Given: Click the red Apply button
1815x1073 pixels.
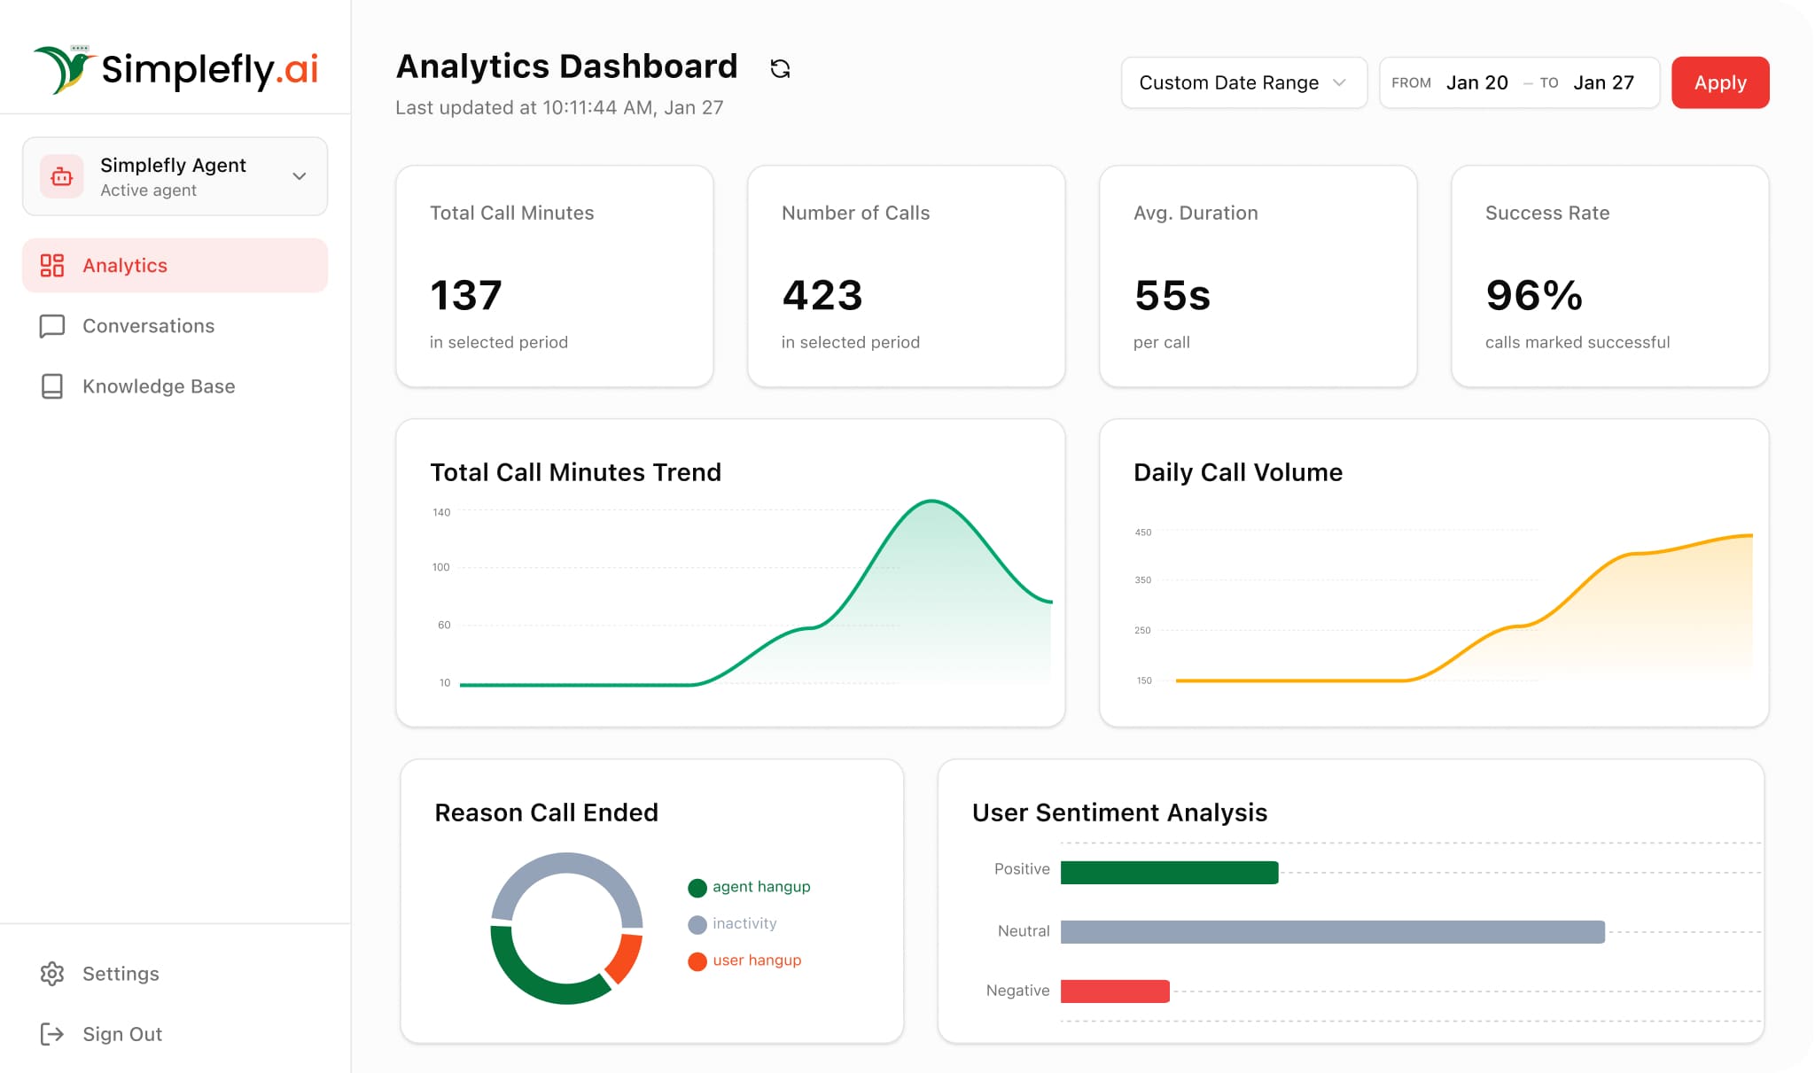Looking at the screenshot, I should click(x=1719, y=82).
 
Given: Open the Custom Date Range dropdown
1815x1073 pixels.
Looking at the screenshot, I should click(x=1242, y=82).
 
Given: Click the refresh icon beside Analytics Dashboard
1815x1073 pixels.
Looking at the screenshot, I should click(x=780, y=68).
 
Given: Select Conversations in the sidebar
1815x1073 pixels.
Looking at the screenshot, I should click(x=148, y=326).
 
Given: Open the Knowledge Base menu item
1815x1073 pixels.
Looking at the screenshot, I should click(x=158, y=386).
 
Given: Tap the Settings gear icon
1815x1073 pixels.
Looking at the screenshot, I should click(x=52, y=974).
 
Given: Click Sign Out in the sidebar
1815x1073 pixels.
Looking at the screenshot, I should click(x=121, y=1034).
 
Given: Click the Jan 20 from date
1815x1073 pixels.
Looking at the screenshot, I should click(x=1476, y=82).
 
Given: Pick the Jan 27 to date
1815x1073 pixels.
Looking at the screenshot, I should click(x=1603, y=82).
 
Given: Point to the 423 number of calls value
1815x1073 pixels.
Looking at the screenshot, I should click(x=822, y=295).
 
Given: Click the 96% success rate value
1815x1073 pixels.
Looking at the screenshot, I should click(x=1533, y=295).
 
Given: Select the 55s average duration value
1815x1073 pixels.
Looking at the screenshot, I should click(x=1172, y=295).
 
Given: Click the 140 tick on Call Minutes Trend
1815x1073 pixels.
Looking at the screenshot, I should click(x=441, y=512).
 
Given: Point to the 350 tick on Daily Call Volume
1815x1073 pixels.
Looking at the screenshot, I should click(x=1143, y=580).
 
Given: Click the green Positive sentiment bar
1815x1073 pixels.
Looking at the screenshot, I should click(x=1168, y=873).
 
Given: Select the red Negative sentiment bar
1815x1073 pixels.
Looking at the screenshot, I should click(x=1114, y=991).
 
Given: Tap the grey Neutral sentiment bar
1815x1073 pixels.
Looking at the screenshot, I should click(x=1331, y=932).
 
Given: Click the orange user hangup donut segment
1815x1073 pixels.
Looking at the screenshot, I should click(x=626, y=958).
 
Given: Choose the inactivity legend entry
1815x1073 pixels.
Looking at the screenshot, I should click(x=743, y=923).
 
